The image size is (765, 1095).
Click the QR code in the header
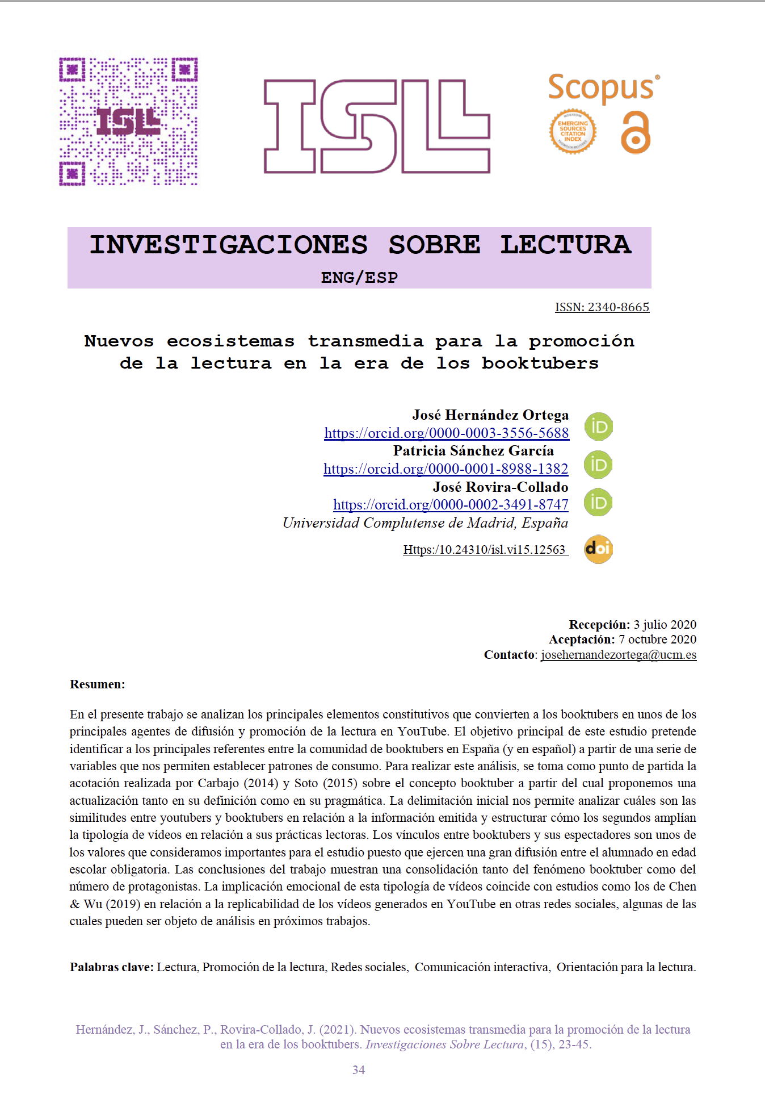click(x=129, y=122)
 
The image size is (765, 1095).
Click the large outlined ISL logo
click(x=377, y=126)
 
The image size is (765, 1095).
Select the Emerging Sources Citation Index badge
click(x=573, y=132)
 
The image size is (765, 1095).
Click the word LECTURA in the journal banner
click(x=565, y=245)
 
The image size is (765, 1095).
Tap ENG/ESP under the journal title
click(x=359, y=278)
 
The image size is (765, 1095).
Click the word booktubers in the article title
click(x=540, y=363)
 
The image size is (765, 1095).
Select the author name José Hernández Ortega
click(x=490, y=415)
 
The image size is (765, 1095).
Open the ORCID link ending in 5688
click(x=446, y=433)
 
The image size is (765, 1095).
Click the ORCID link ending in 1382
click(x=445, y=469)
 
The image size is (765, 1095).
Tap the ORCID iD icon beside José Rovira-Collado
click(x=598, y=503)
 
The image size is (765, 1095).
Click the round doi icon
click(x=598, y=549)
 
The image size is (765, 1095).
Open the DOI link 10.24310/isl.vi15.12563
click(x=485, y=550)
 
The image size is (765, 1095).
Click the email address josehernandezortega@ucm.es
click(x=619, y=655)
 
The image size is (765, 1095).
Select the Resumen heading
click(x=97, y=684)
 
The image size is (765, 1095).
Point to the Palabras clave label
click(x=112, y=967)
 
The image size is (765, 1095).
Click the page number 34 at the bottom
click(x=359, y=1070)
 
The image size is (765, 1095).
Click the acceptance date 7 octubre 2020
click(x=657, y=640)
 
